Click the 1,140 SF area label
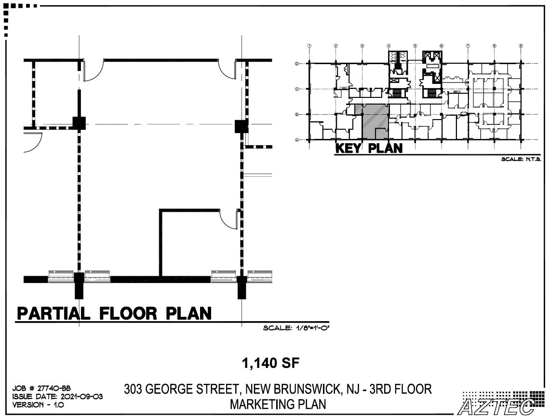point(270,363)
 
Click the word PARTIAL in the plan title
point(54,313)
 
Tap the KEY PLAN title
point(369,148)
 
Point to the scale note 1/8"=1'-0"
point(295,328)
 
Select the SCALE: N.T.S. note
point(521,159)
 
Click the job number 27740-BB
point(41,388)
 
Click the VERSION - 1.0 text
point(38,405)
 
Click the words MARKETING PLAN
point(278,404)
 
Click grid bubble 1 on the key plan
point(309,46)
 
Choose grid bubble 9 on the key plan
point(521,46)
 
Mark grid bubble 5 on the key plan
point(415,46)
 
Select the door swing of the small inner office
point(228,219)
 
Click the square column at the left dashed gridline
point(79,123)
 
